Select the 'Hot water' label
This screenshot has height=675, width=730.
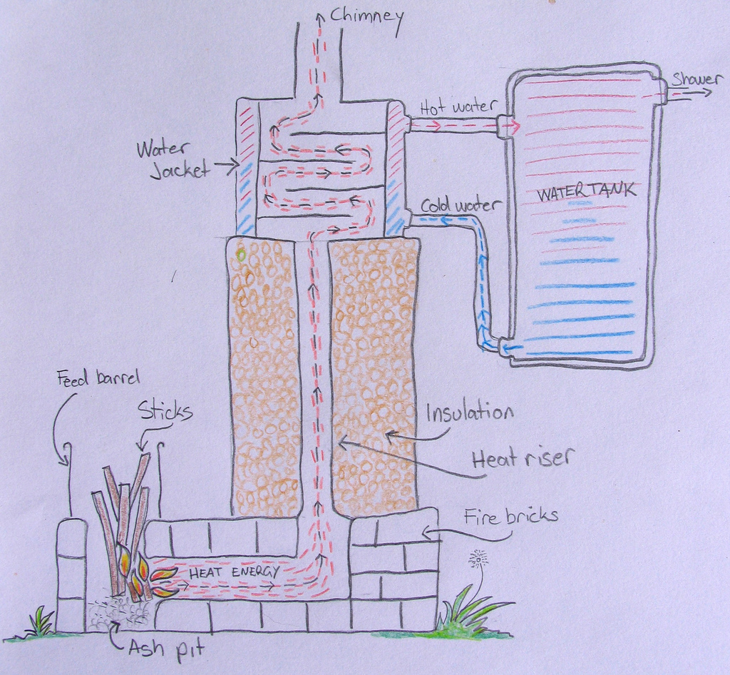457,107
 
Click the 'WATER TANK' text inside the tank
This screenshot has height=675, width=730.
585,192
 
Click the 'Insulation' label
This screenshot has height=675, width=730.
469,412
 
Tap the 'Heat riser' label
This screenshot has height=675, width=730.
523,457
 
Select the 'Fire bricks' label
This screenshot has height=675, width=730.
510,515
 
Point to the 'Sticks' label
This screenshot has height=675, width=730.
165,410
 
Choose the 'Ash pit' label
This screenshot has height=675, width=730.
167,649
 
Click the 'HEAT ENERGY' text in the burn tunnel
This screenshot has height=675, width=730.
234,572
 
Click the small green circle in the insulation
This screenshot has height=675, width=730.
241,253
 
